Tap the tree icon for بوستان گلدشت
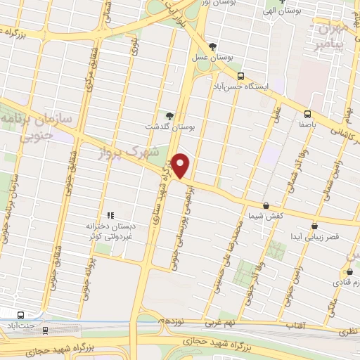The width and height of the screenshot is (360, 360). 169,115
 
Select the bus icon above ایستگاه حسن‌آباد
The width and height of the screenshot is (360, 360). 240,76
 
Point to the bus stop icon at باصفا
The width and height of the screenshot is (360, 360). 307,114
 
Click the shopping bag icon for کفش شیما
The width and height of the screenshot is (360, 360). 266,205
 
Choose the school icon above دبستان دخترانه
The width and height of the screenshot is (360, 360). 110,215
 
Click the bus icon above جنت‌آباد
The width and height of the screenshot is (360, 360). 20,316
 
